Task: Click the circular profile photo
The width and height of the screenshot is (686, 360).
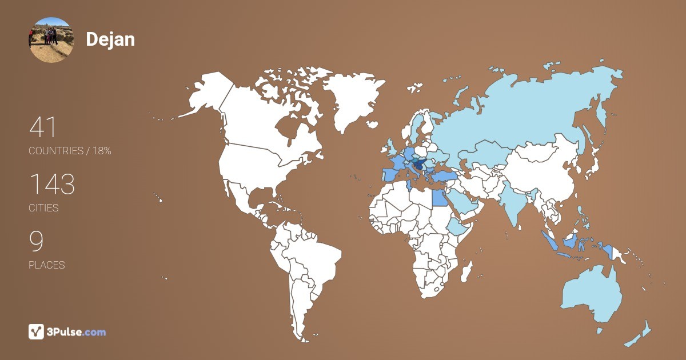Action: click(x=51, y=40)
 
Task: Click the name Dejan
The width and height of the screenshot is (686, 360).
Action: click(x=110, y=39)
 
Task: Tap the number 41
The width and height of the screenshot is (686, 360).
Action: click(x=43, y=127)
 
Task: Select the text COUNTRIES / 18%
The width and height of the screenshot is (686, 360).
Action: click(x=70, y=151)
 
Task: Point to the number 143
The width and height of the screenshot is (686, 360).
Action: click(x=52, y=185)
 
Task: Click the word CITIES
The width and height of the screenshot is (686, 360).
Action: click(x=43, y=208)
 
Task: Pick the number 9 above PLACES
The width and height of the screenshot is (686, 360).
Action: click(x=36, y=242)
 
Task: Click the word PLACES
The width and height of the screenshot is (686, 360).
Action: click(x=46, y=265)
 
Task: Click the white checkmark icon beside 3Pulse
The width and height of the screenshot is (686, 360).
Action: click(x=36, y=331)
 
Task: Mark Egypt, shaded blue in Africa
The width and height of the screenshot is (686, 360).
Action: click(x=438, y=198)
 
